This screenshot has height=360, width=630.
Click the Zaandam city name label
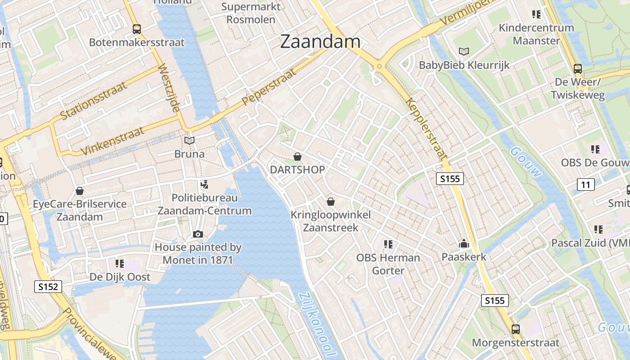tap(320, 41)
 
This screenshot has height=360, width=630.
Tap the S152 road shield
tap(48, 286)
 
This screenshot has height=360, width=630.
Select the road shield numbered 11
tap(585, 184)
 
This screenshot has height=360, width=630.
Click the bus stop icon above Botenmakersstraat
tap(137, 29)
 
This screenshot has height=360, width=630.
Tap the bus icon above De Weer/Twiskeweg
tap(578, 69)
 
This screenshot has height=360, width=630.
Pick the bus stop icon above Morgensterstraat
tap(516, 329)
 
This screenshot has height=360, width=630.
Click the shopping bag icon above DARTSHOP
tap(297, 157)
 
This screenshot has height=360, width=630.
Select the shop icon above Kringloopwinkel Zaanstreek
tap(331, 201)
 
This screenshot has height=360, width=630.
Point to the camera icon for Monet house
tap(198, 234)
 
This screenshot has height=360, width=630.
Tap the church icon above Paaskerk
tap(464, 244)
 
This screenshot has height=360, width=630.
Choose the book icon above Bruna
tap(189, 141)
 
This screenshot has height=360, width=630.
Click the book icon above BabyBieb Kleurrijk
tap(464, 51)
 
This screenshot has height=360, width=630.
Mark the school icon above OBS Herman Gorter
tap(388, 244)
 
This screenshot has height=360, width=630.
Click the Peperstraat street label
tap(270, 86)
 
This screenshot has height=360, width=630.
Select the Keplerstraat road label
tap(427, 128)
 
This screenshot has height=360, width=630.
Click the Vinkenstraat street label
tap(113, 141)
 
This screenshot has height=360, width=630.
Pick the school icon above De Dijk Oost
tap(119, 263)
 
